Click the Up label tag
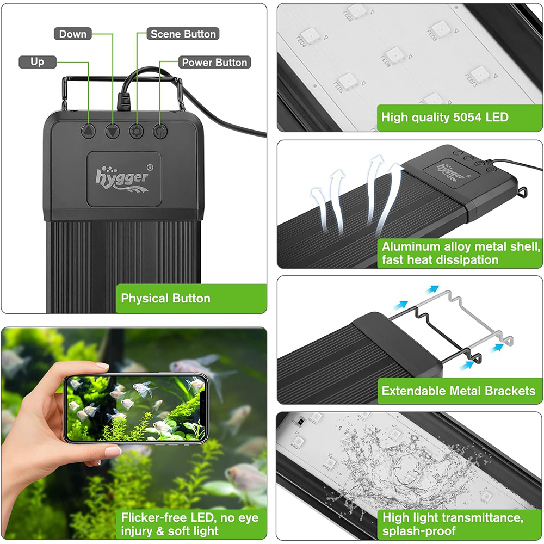[x=37, y=62]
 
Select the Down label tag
[x=72, y=34]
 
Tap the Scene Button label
[x=183, y=34]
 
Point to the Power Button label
[x=214, y=63]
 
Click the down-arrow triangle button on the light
[x=113, y=131]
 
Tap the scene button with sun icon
[x=136, y=131]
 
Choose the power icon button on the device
[x=159, y=131]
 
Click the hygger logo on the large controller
[x=121, y=176]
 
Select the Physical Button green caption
[x=165, y=298]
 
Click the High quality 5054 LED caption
[x=444, y=117]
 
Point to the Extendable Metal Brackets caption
[x=458, y=391]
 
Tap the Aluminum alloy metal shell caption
[x=460, y=253]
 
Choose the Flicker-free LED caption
[x=190, y=524]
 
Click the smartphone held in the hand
[x=135, y=409]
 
